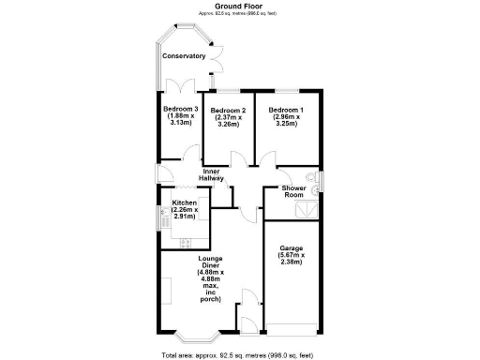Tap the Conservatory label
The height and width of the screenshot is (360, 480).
(x=184, y=56)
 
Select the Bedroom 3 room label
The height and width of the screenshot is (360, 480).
(x=181, y=109)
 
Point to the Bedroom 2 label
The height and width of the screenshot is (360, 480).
(x=229, y=111)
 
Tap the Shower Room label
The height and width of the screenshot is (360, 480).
(x=293, y=191)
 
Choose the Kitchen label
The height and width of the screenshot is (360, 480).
(x=184, y=203)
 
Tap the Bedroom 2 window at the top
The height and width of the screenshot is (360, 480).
(x=229, y=91)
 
